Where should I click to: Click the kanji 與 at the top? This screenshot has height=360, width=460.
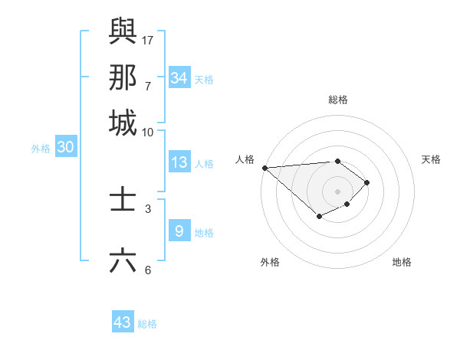(123, 31)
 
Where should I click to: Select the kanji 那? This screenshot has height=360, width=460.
(123, 77)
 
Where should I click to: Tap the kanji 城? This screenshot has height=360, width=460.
(123, 123)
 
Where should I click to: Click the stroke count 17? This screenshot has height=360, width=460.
(148, 39)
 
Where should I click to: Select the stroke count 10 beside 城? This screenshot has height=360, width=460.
(148, 132)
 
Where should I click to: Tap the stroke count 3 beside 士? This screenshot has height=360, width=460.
(148, 208)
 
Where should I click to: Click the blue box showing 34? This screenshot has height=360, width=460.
(179, 77)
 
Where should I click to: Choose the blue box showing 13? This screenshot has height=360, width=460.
(179, 162)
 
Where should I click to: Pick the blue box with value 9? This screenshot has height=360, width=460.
(179, 231)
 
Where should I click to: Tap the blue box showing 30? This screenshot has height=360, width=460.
(65, 148)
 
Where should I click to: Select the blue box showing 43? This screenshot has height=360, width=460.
(123, 322)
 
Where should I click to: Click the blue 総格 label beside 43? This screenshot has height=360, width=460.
(147, 324)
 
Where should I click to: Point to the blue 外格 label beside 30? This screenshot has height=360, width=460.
(41, 149)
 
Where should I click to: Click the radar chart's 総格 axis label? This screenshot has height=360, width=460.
(338, 100)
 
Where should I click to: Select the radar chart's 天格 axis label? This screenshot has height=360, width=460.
(431, 159)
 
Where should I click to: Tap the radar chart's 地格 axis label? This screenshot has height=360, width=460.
(402, 262)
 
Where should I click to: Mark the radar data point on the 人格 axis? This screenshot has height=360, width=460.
(264, 168)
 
